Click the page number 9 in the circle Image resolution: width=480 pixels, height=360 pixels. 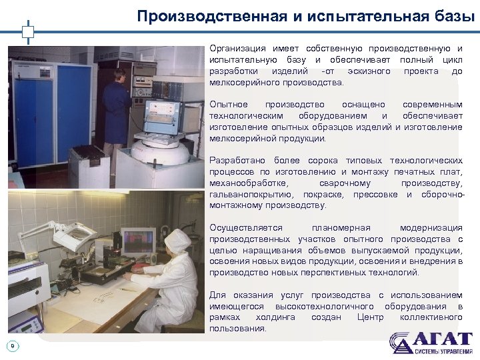coord(13,345)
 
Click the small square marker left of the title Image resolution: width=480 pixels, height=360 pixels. coord(27,31)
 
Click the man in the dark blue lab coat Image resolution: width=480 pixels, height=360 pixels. coord(117,107)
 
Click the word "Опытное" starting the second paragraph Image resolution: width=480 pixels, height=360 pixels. coord(229,105)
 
